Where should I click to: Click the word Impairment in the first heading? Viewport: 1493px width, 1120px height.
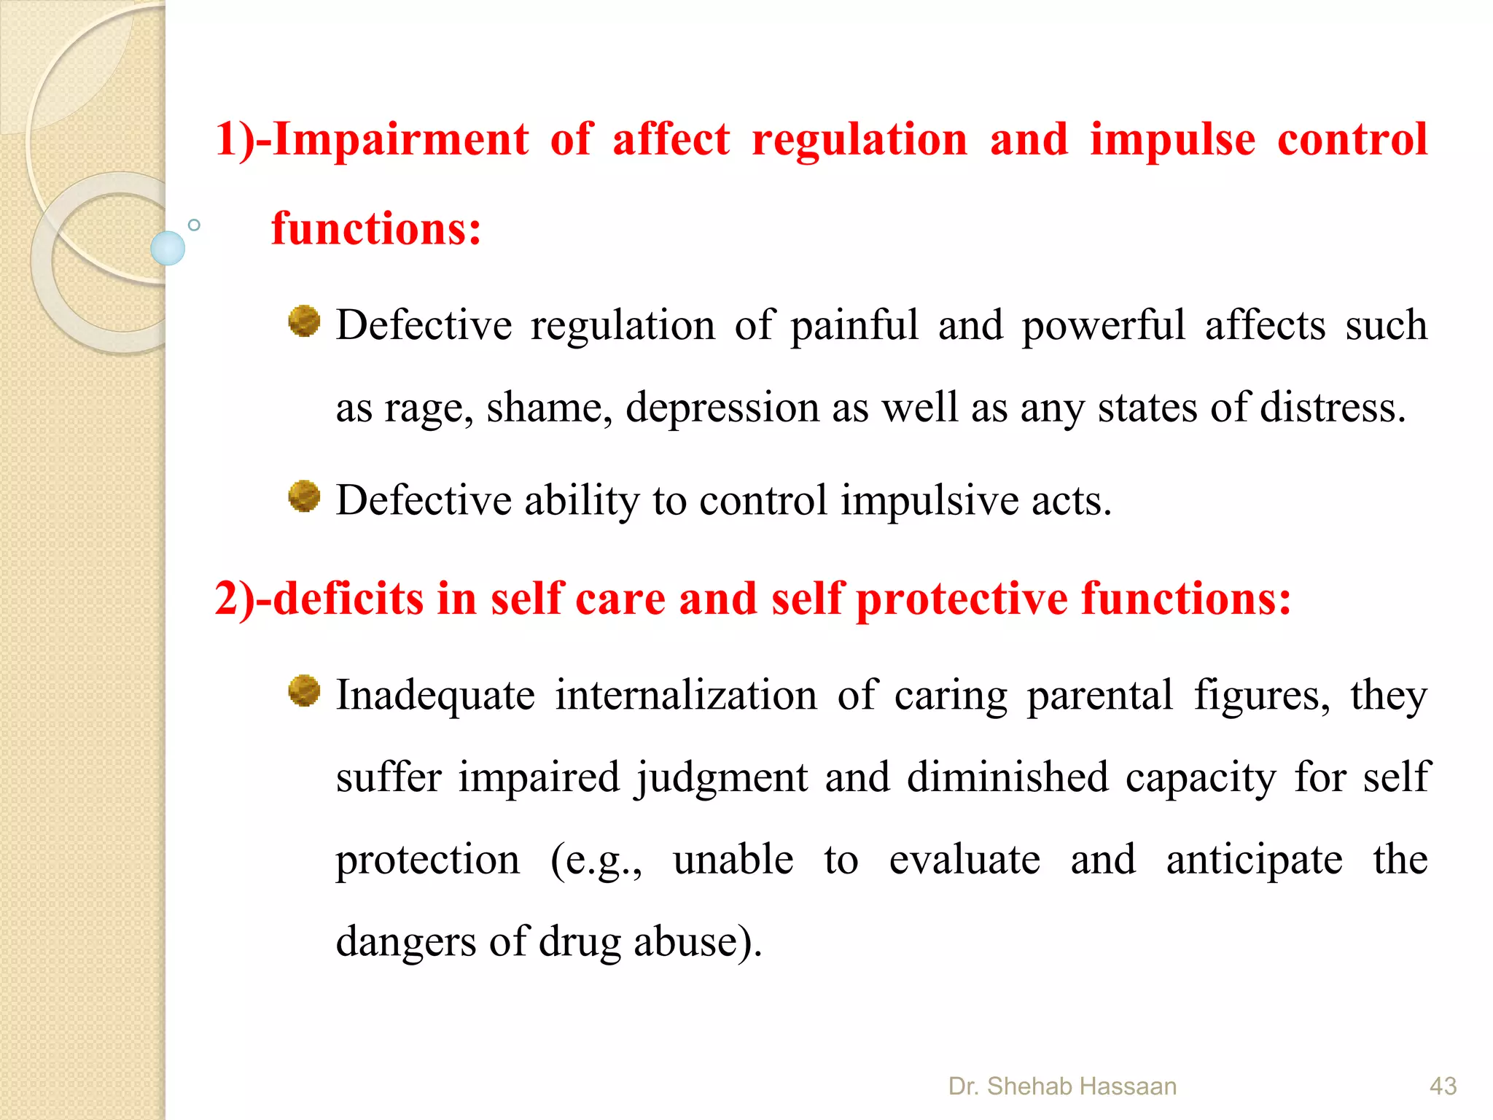click(400, 140)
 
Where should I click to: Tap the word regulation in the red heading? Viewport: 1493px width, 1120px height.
click(859, 140)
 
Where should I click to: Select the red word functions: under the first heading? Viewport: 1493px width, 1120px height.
click(376, 229)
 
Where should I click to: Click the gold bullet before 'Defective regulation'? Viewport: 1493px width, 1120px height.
click(304, 322)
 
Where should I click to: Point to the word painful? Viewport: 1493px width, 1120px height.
click(854, 325)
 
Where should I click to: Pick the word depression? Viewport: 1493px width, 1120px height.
click(722, 408)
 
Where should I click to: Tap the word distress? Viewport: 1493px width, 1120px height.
click(1333, 407)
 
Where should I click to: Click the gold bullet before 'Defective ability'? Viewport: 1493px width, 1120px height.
click(304, 497)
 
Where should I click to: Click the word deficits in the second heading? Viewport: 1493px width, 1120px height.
click(348, 599)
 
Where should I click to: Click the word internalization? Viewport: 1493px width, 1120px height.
click(686, 695)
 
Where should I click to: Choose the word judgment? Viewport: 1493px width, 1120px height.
click(721, 778)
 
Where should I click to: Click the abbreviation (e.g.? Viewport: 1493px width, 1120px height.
click(596, 860)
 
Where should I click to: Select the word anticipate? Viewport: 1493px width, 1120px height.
click(1254, 860)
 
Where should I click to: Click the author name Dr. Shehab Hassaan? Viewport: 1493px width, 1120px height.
click(1062, 1086)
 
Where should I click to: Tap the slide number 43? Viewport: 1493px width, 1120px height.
click(1443, 1086)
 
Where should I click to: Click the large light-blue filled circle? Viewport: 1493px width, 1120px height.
click(168, 248)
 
